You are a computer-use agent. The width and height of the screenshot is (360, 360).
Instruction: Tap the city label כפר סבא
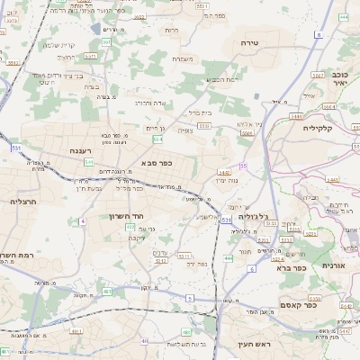[157, 163]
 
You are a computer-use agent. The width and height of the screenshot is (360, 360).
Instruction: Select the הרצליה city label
[22, 201]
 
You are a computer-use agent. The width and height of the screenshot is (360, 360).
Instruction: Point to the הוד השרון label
[120, 216]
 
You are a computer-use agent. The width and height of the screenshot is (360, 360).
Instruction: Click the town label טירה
[250, 42]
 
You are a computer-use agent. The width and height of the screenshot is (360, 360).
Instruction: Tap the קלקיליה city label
[319, 127]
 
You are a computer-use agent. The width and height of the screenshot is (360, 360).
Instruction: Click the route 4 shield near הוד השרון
[82, 220]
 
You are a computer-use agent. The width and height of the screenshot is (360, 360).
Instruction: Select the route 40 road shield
[144, 341]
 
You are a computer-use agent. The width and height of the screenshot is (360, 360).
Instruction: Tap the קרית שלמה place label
[59, 45]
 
